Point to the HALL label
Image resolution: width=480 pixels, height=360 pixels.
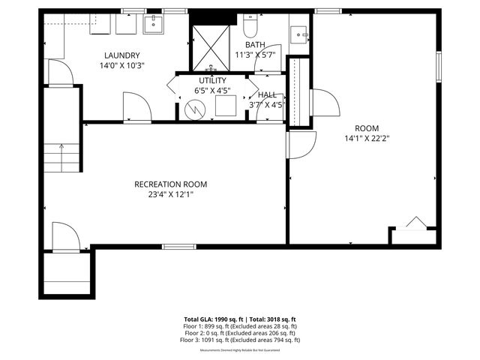pos(267,94)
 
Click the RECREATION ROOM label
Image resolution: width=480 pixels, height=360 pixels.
pos(170,184)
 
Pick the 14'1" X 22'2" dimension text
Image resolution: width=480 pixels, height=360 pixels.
pos(367,138)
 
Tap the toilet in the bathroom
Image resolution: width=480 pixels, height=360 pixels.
pos(250,28)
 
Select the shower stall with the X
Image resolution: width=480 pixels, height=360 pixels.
pos(209,46)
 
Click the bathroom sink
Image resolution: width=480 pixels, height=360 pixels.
pos(300,34)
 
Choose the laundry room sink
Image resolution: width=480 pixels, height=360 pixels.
pos(154,25)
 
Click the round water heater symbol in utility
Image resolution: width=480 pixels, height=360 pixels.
pos(193,109)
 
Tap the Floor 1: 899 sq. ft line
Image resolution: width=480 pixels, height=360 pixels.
pos(240,326)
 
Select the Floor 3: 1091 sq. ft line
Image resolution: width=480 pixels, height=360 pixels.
pos(240,340)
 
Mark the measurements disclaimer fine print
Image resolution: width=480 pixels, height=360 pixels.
pos(240,349)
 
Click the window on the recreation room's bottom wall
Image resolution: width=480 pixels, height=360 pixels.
pos(175,246)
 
